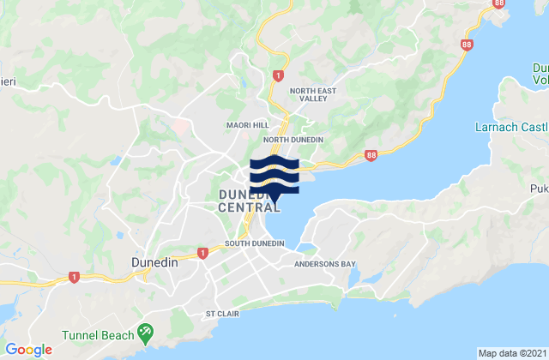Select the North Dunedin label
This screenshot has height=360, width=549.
coord(293,140)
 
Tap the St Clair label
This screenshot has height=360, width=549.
coord(221,314)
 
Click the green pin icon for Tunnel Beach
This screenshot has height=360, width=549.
coord(144,330)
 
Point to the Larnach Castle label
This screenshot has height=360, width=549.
coord(511,127)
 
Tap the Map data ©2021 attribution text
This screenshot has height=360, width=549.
coord(510,352)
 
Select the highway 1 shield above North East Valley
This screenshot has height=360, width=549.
coord(278,75)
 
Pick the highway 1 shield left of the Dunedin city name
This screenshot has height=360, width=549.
coord(74,277)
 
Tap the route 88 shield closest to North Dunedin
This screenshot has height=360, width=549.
coord(370,155)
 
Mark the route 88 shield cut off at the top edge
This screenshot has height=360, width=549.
coord(499,3)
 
